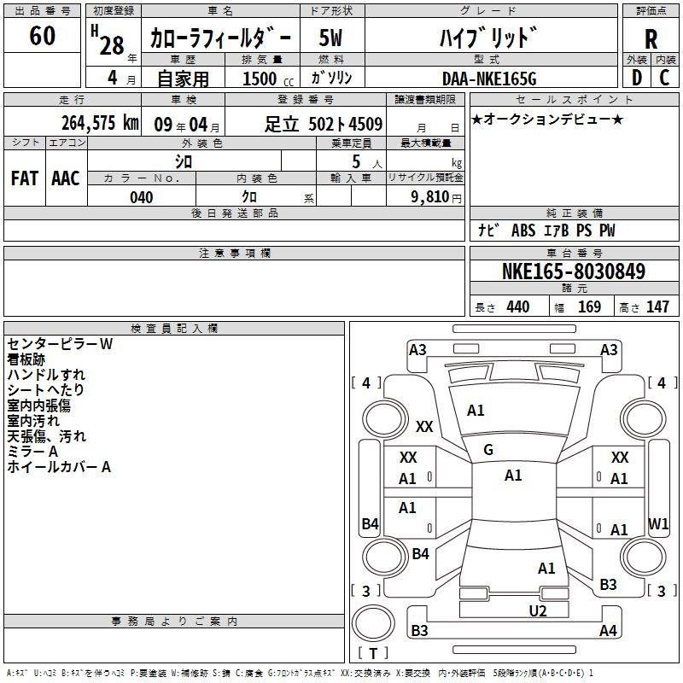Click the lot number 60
tap(42, 35)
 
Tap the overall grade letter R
tap(651, 39)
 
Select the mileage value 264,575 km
tap(100, 123)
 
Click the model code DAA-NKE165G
tap(489, 79)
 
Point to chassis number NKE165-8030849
tap(574, 271)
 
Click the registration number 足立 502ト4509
tap(324, 124)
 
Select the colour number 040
tap(142, 197)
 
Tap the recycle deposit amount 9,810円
tap(436, 197)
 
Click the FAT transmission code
tap(25, 178)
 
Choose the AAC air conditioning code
tap(66, 178)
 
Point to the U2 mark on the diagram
tap(538, 611)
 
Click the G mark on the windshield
tap(488, 450)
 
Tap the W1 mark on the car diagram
tap(658, 523)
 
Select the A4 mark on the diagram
tap(608, 630)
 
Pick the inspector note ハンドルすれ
tap(46, 375)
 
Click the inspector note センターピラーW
tap(60, 344)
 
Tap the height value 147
tap(657, 306)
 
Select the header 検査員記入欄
tap(174, 329)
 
